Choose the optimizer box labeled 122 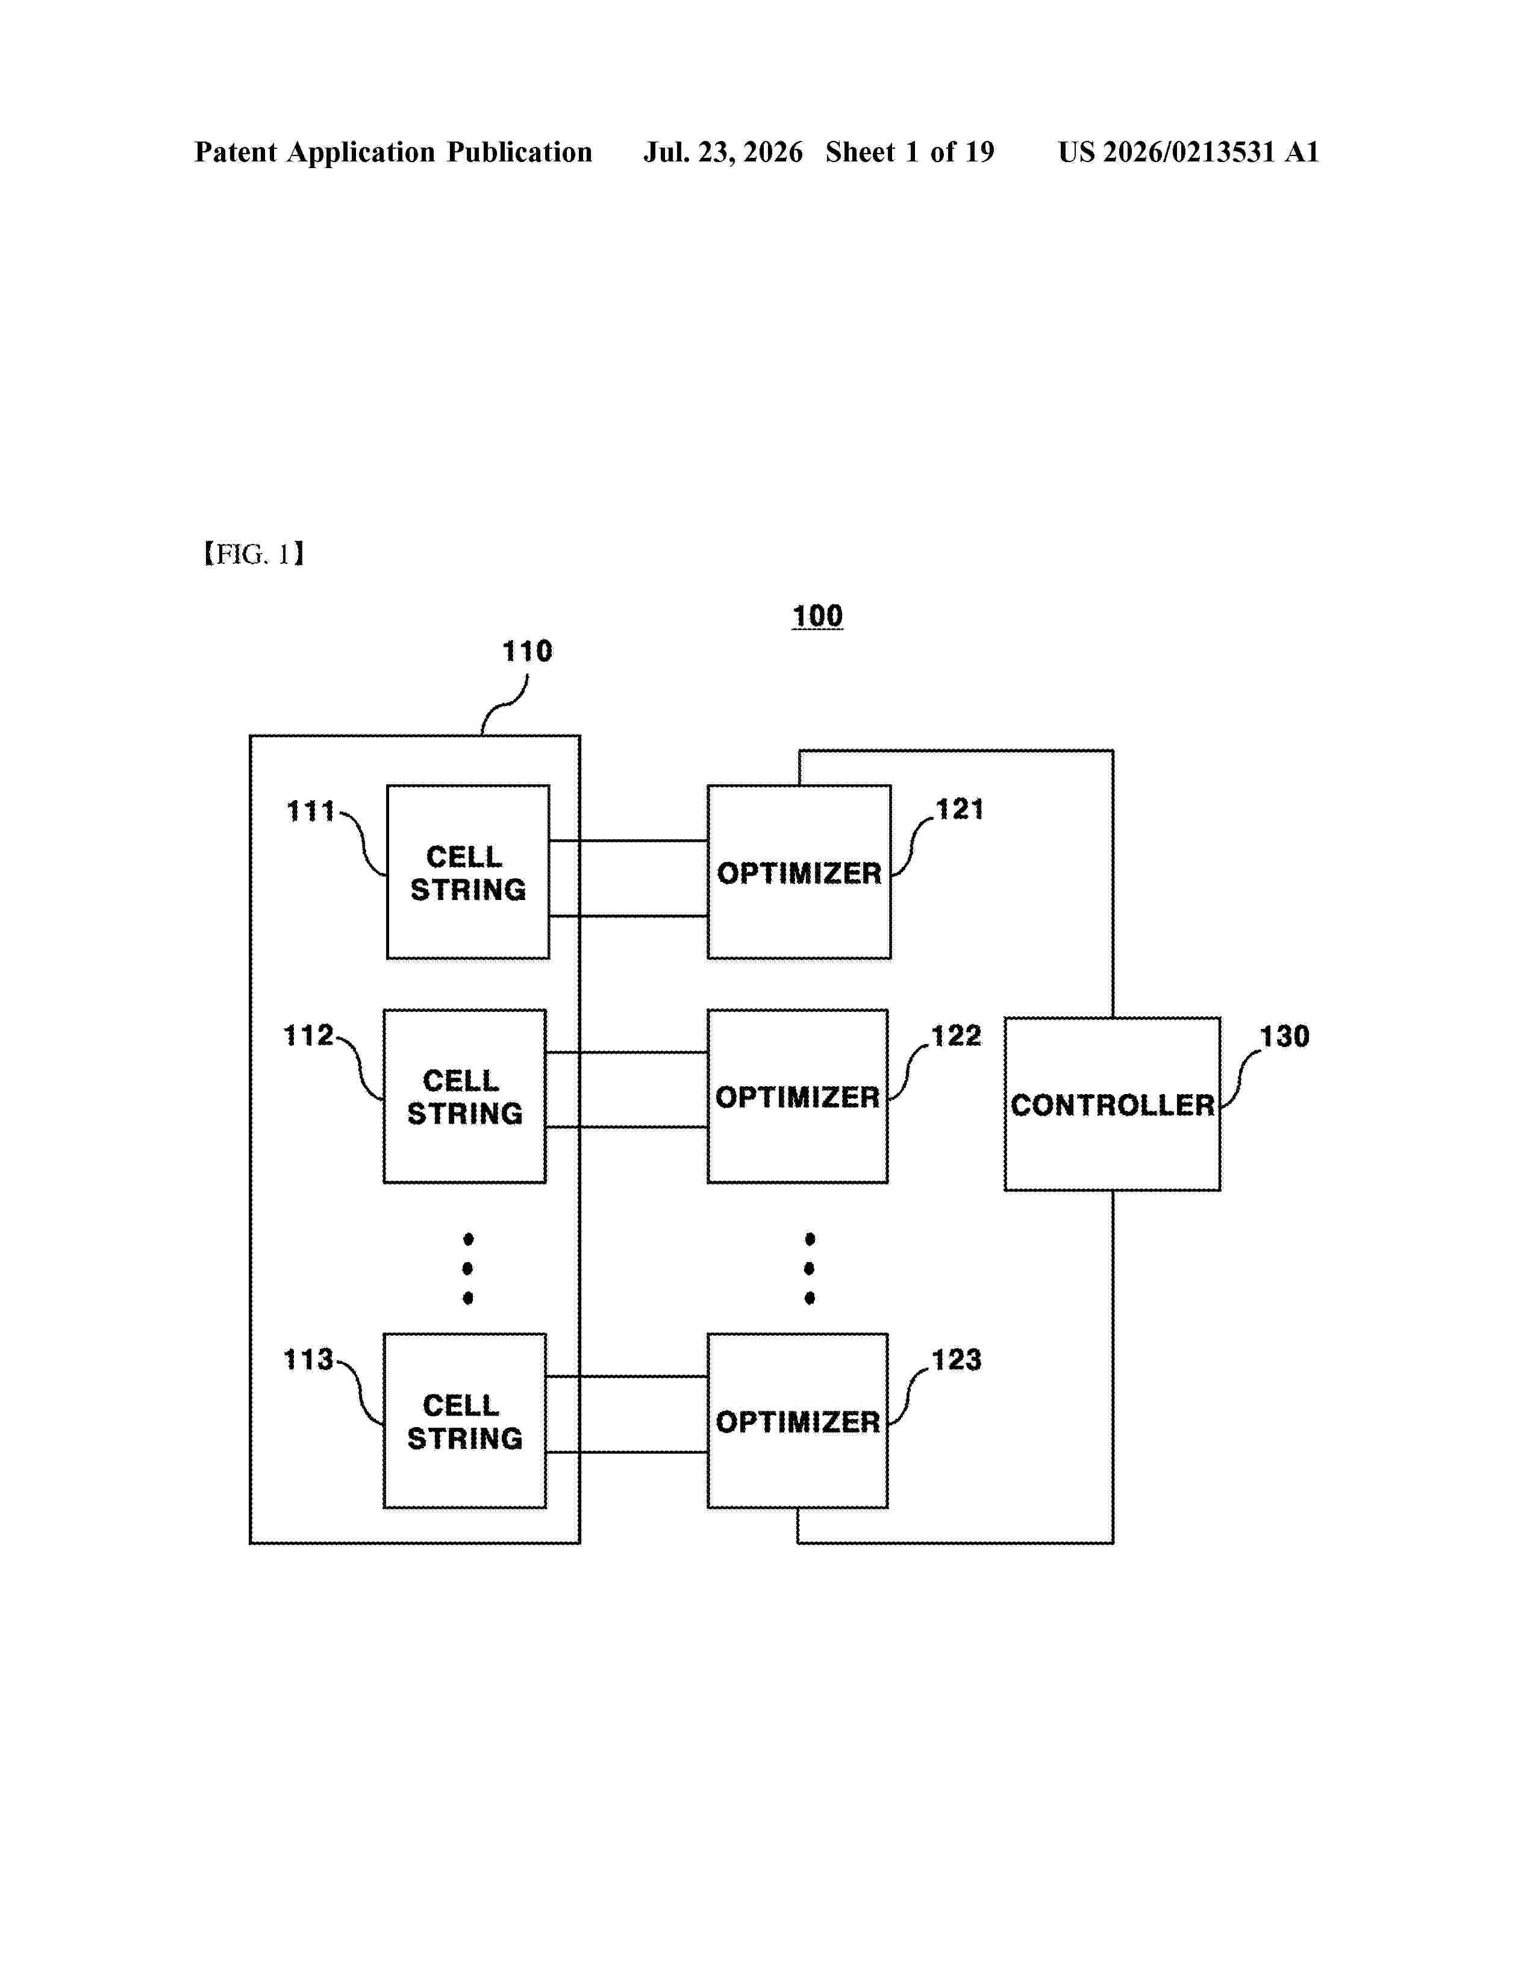[797, 1096]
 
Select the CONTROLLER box [1112, 1103]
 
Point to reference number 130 [1284, 1036]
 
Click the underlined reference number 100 [817, 616]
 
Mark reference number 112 [308, 1035]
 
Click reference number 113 [308, 1359]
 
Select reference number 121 [960, 809]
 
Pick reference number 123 [957, 1359]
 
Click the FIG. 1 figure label [254, 554]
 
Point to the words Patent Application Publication [393, 152]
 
